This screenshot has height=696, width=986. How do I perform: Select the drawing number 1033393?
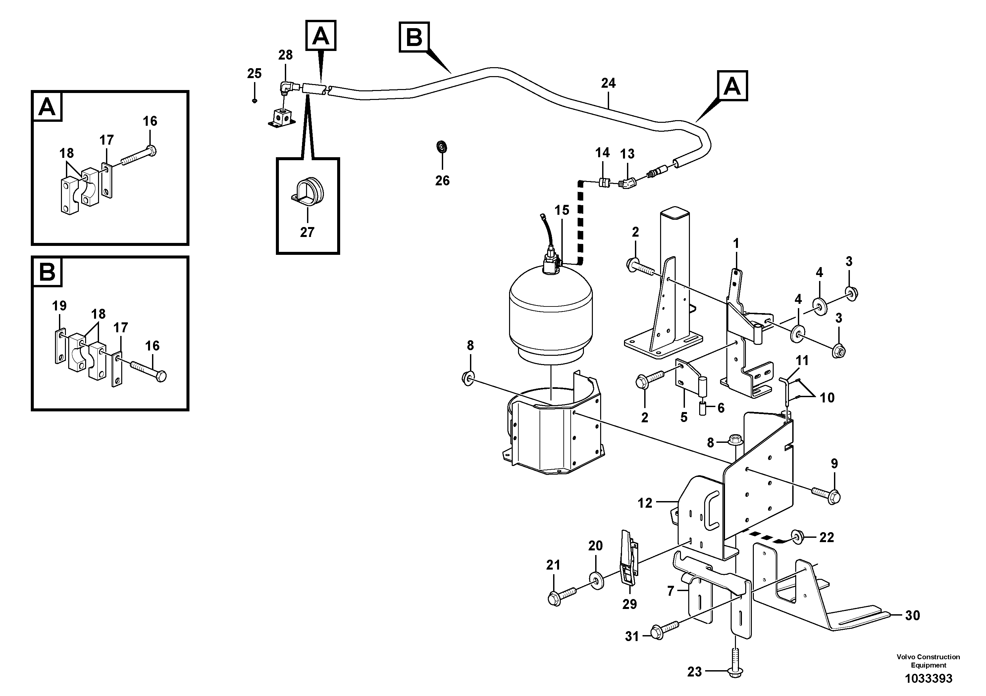(x=928, y=678)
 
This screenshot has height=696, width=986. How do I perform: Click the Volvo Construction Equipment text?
(x=928, y=661)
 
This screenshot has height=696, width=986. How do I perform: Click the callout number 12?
(x=645, y=503)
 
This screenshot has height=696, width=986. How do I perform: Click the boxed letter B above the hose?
(x=414, y=37)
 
